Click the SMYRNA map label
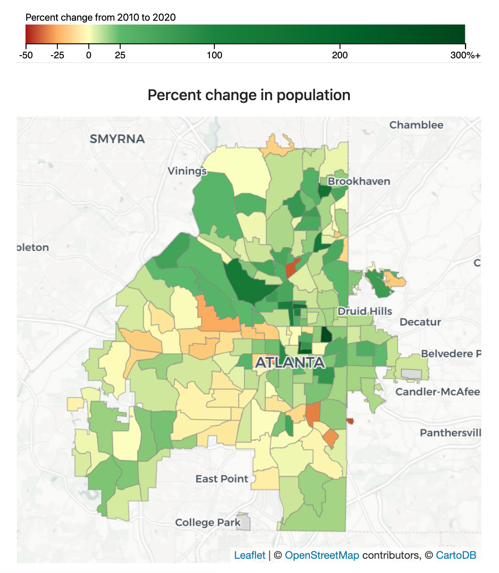(117, 139)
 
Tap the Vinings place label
(187, 171)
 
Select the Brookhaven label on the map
(359, 181)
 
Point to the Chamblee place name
(416, 125)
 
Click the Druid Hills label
(365, 311)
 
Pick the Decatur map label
(420, 322)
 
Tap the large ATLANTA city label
(290, 363)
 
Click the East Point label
(222, 479)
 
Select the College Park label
(208, 522)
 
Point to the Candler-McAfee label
(438, 392)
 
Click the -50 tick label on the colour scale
(26, 55)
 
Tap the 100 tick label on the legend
(214, 55)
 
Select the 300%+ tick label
(465, 55)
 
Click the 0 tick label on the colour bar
(89, 55)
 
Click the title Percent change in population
(249, 95)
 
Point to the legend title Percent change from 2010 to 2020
(101, 18)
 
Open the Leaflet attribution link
(249, 555)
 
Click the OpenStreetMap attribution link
(322, 555)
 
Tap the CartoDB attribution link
(456, 555)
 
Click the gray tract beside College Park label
(244, 522)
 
